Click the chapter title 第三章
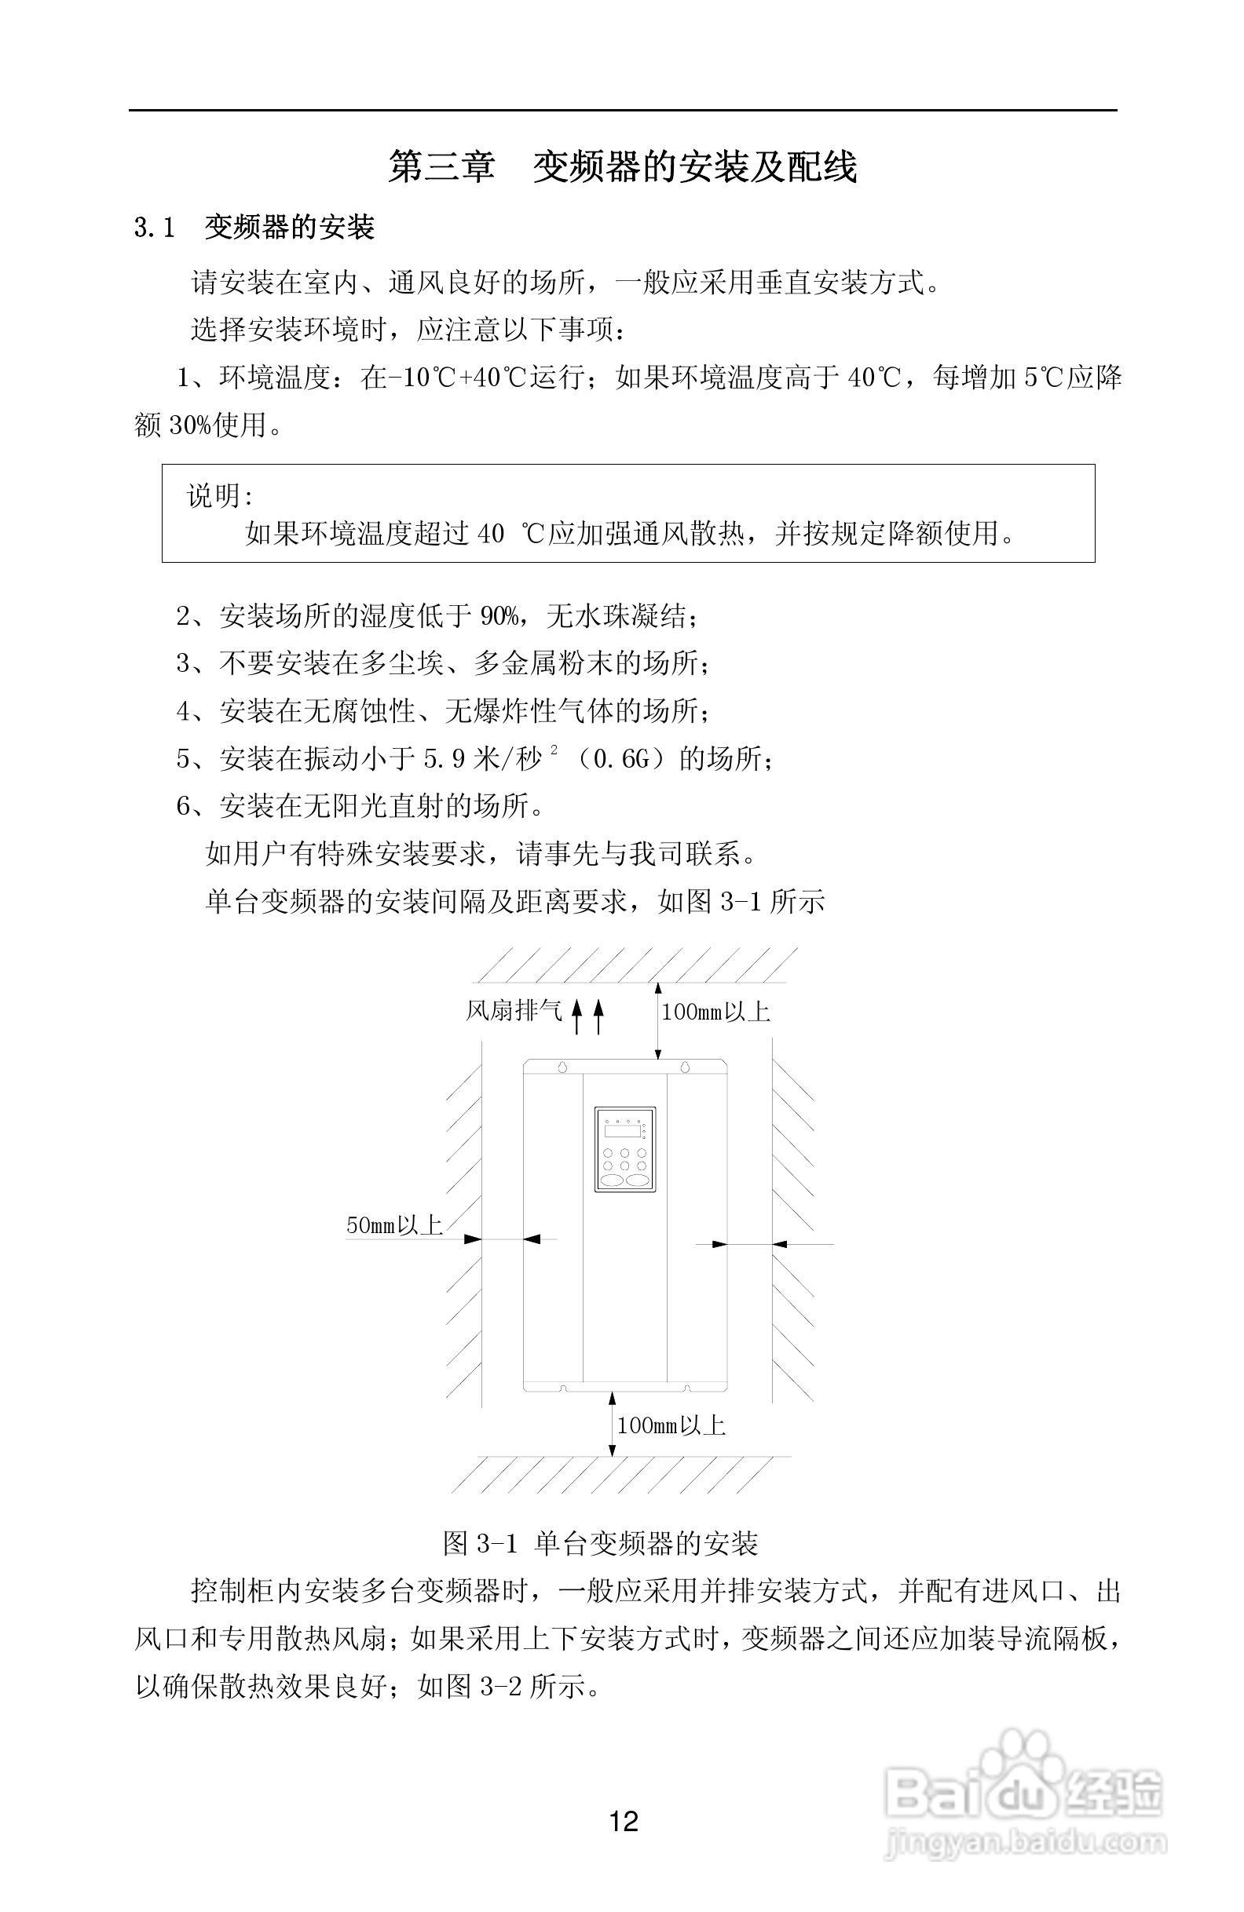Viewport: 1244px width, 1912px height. pos(441,166)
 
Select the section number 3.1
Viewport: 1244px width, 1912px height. pos(154,228)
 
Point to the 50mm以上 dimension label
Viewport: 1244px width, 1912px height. pos(393,1225)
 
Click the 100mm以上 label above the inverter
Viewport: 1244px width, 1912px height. pos(715,1012)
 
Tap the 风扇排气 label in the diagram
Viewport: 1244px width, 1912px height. pos(514,1010)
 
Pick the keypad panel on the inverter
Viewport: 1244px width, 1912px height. pos(625,1150)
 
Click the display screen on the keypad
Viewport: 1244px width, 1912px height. pos(624,1131)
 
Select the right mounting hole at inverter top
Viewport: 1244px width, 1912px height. pos(685,1067)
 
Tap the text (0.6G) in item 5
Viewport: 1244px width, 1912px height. pos(620,759)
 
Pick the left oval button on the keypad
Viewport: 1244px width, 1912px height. pos(613,1181)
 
